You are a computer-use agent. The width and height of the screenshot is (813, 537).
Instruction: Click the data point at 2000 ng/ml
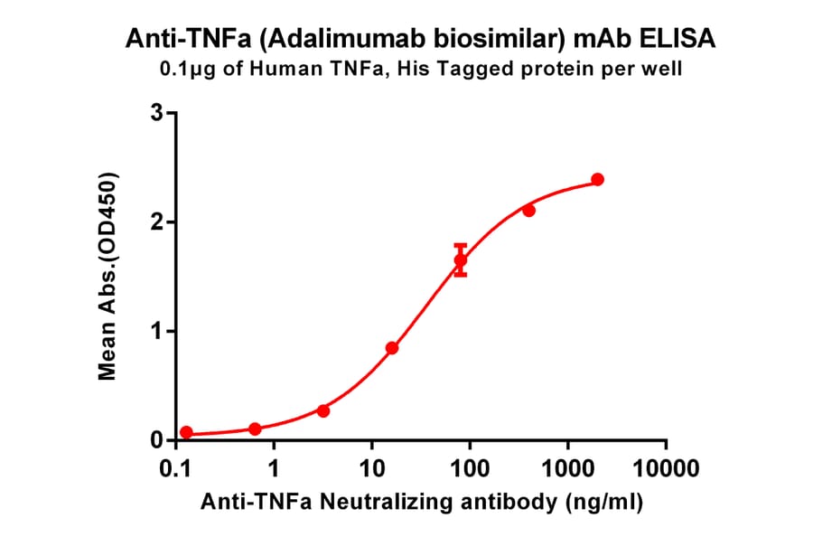[x=597, y=180]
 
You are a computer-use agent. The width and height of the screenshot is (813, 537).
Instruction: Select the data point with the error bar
[x=461, y=260]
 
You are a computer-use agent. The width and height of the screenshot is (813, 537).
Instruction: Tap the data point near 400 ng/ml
[x=528, y=211]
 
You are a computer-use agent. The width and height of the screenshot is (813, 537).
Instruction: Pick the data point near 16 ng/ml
[x=392, y=348]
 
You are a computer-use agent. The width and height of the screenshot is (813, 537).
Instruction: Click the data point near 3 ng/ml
[x=323, y=410]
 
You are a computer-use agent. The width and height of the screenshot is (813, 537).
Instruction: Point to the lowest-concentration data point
[x=186, y=432]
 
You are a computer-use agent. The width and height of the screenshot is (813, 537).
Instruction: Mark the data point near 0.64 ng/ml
[x=255, y=429]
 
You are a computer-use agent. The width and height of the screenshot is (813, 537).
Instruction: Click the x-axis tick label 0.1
[x=176, y=469]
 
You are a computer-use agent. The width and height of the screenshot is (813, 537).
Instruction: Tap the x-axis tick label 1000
[x=567, y=469]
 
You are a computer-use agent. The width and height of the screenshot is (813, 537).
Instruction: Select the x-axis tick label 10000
[x=666, y=469]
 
